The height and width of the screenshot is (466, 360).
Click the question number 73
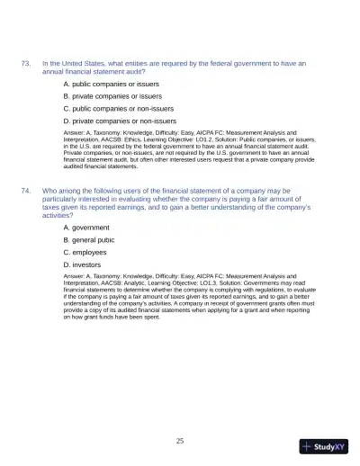pyautogui.click(x=26, y=63)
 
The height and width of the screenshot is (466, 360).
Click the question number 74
pyautogui.click(x=26, y=191)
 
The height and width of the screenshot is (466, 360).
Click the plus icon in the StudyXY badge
pyautogui.click(x=308, y=446)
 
